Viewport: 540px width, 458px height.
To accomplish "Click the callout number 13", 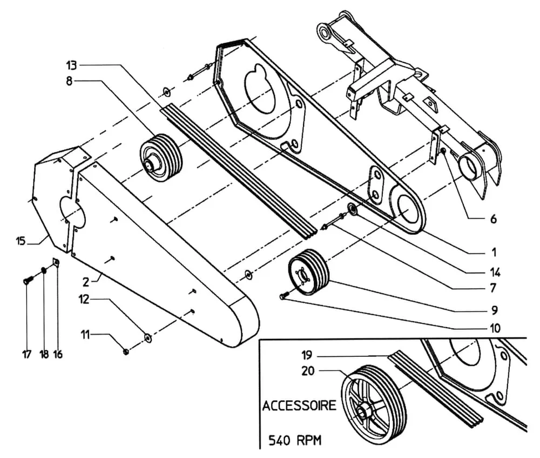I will click(x=72, y=66).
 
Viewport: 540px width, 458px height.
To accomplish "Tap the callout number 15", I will click(x=21, y=241).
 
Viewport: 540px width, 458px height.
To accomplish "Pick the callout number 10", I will click(x=495, y=328).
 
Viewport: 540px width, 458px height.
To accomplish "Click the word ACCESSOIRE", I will click(x=299, y=406).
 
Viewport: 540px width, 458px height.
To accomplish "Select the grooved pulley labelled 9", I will click(x=309, y=273).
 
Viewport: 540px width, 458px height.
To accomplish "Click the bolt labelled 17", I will click(x=28, y=280).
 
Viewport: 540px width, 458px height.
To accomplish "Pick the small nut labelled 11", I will click(x=126, y=352).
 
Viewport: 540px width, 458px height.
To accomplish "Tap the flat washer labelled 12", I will click(x=147, y=338).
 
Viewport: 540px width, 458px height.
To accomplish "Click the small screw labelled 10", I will click(x=283, y=296).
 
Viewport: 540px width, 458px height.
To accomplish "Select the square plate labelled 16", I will click(x=55, y=263).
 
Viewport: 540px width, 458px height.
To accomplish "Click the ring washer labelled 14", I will click(x=353, y=208).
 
